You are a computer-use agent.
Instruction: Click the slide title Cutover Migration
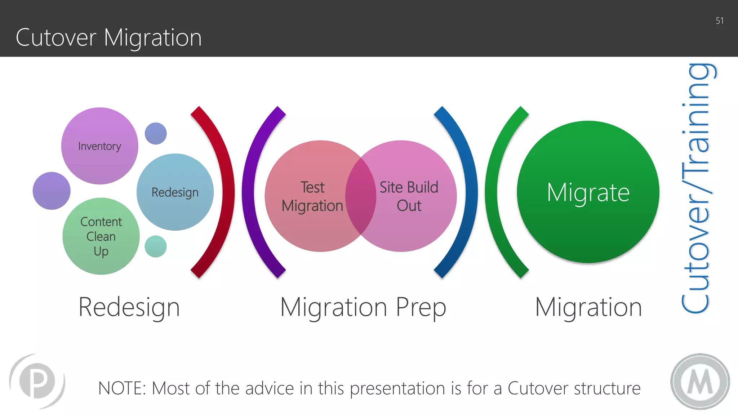tap(108, 37)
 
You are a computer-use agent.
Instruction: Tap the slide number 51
tap(719, 21)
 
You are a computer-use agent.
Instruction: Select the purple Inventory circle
tap(100, 146)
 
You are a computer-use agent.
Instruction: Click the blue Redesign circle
tap(175, 192)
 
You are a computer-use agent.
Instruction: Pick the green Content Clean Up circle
tap(101, 236)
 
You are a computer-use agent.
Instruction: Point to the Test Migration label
tap(312, 197)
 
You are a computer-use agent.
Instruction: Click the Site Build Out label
tap(409, 196)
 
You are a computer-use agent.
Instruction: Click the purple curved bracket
tap(249, 192)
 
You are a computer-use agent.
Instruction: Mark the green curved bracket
tap(492, 192)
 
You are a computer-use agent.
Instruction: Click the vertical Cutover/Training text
tap(696, 187)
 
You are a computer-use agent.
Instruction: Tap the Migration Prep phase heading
tap(363, 307)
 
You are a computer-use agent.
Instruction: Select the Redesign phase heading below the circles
tap(129, 307)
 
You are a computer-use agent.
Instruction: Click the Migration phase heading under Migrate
tap(588, 307)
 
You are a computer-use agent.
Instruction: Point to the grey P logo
tap(37, 381)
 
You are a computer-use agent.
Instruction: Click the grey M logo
tap(700, 381)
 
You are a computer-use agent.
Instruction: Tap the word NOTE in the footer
tap(121, 388)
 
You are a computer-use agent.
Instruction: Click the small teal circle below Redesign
tap(156, 246)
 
